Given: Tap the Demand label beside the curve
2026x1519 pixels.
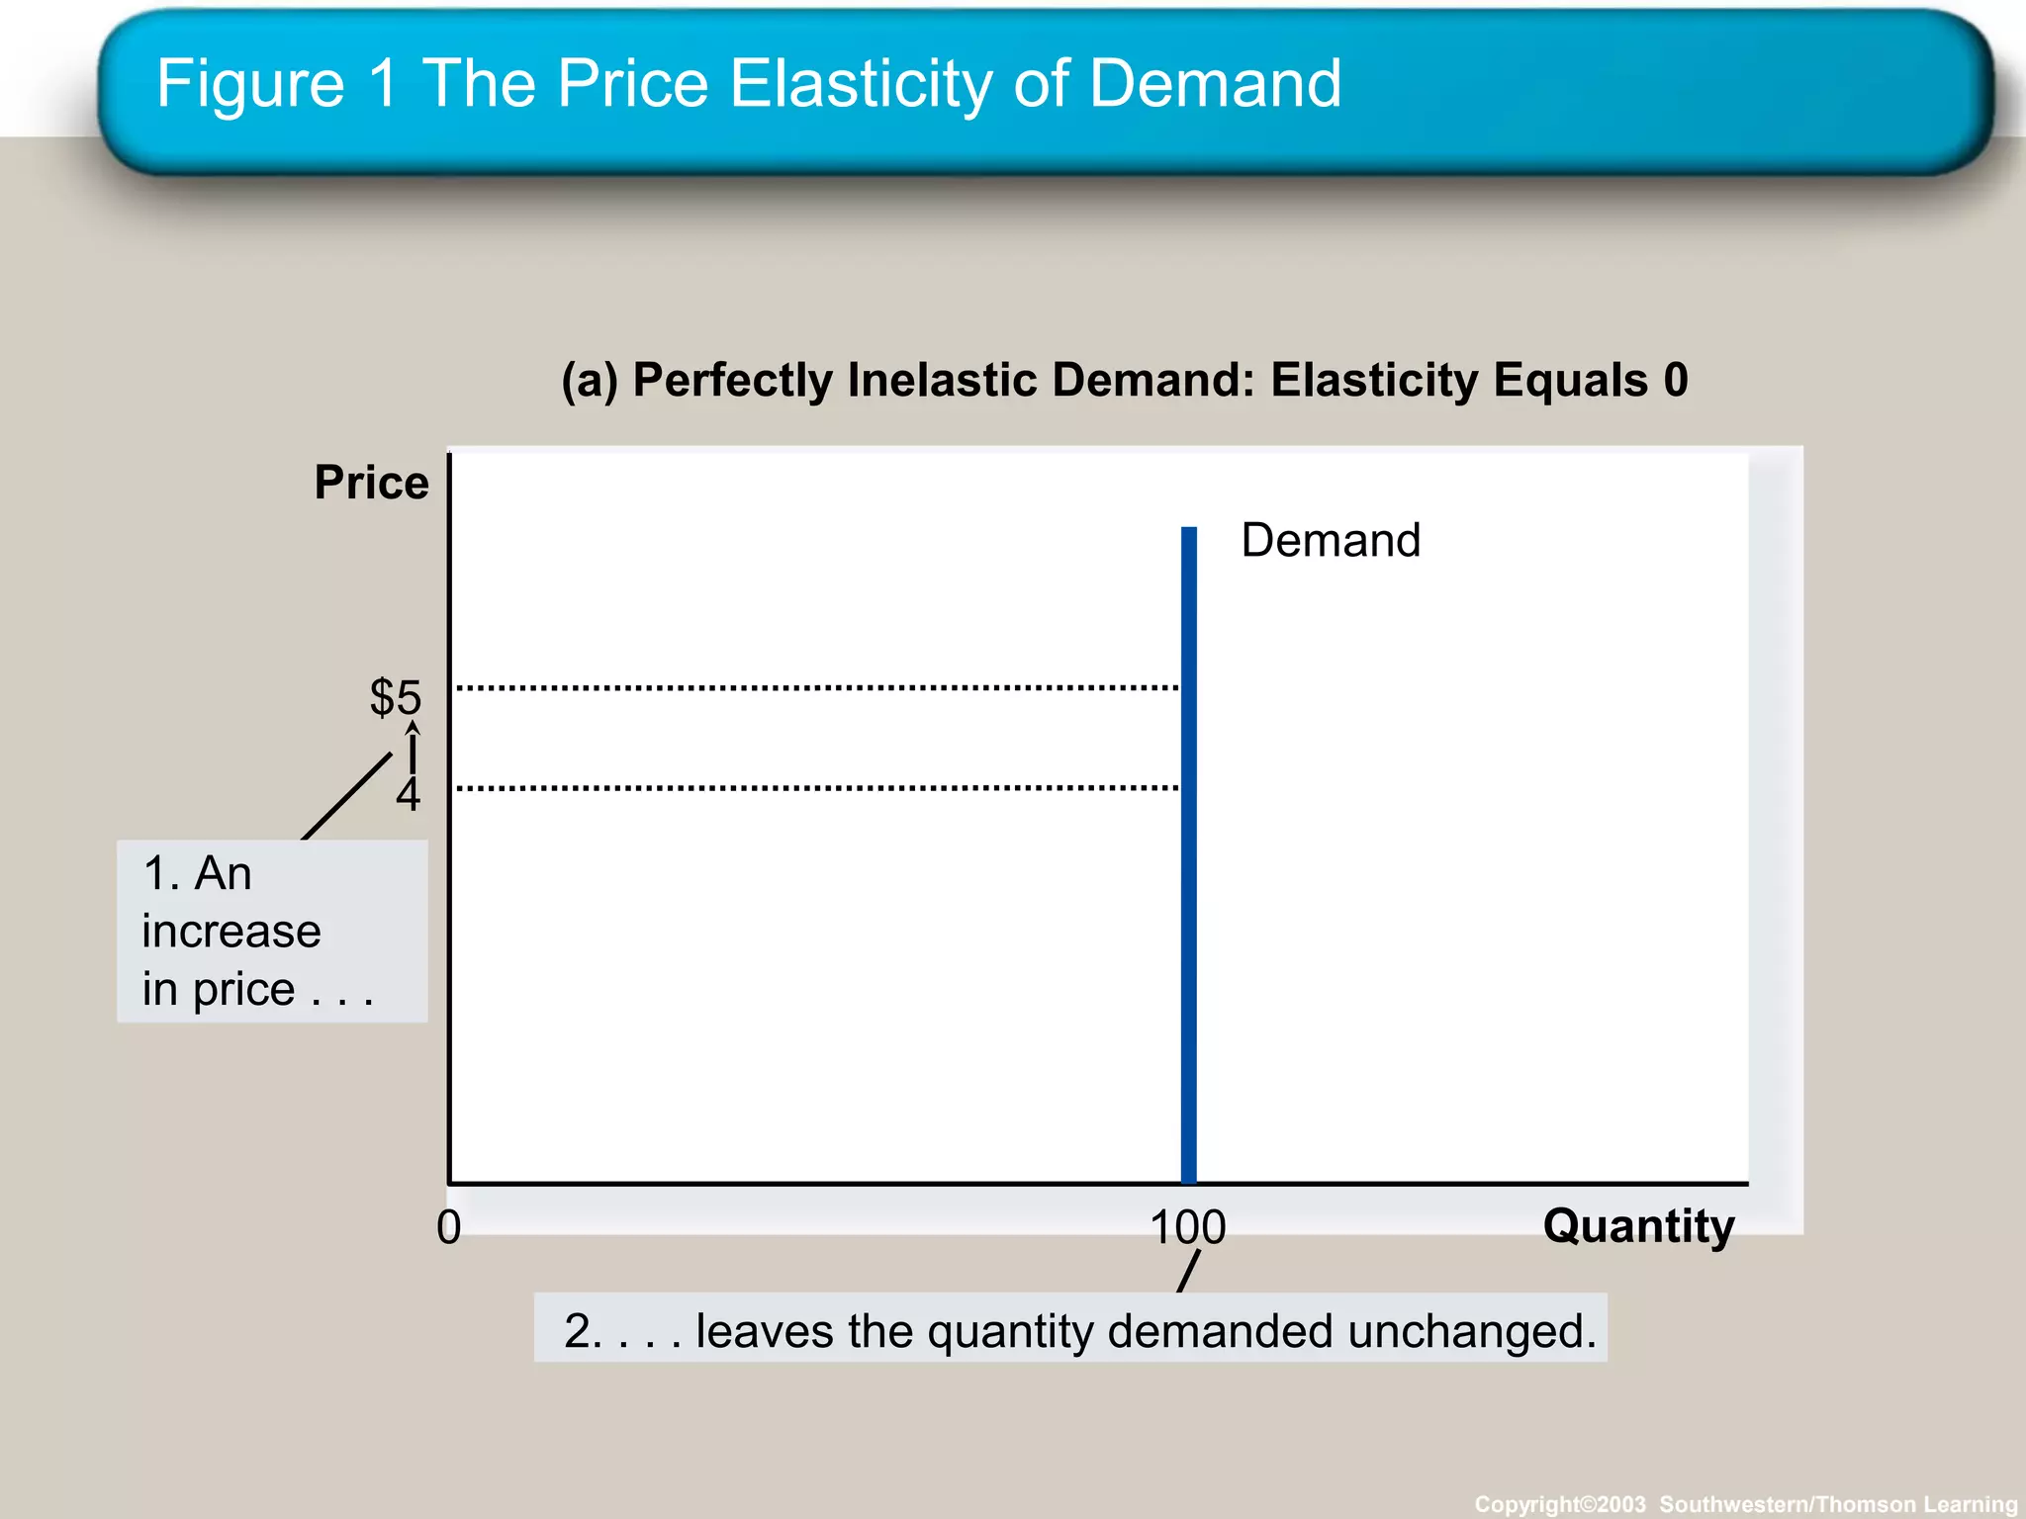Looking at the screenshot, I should (1331, 541).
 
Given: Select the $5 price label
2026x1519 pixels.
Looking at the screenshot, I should (396, 697).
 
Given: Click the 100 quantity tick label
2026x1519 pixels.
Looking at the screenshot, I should (1188, 1227).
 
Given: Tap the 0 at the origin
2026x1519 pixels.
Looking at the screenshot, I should (449, 1227).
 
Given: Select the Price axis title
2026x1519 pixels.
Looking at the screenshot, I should (372, 484).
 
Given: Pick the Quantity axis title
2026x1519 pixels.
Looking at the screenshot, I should (1638, 1226).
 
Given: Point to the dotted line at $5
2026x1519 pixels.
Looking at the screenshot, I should (817, 686).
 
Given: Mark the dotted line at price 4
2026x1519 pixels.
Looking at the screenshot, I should (817, 788).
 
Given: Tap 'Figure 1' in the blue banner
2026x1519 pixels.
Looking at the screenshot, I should (278, 83).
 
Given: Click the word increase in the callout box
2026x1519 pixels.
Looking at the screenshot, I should (231, 932).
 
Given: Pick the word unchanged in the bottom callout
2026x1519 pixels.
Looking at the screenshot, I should (1471, 1331).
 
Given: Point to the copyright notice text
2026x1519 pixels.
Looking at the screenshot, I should (1746, 1504).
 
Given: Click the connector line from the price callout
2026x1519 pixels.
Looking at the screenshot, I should (346, 797).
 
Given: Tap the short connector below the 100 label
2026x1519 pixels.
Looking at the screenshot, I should (1188, 1272).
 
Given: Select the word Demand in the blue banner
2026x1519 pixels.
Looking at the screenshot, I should (1215, 83).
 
